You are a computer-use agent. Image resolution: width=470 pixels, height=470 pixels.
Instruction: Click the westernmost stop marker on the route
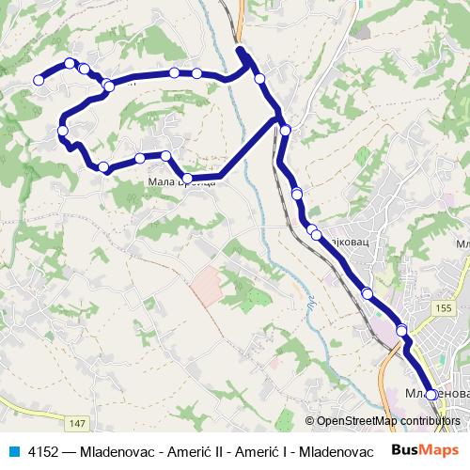(x=39, y=81)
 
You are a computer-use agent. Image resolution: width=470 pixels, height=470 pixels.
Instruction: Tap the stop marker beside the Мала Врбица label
(x=187, y=178)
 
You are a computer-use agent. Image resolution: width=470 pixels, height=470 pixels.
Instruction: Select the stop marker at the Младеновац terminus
(x=431, y=395)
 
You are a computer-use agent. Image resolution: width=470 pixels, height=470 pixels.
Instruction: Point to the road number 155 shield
(x=444, y=307)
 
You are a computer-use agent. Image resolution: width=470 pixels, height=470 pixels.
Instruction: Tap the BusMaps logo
(x=418, y=449)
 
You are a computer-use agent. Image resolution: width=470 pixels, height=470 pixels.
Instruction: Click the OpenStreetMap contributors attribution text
(x=388, y=421)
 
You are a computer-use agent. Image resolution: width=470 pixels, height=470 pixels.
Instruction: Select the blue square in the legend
(x=12, y=449)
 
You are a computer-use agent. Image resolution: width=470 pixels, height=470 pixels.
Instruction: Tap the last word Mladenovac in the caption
(x=339, y=449)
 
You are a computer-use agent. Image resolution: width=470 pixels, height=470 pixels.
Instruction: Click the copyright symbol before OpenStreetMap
(x=310, y=421)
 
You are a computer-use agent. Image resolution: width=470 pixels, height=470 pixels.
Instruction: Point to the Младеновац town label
(x=434, y=390)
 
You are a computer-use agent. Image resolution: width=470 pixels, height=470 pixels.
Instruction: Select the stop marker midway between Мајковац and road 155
(x=367, y=293)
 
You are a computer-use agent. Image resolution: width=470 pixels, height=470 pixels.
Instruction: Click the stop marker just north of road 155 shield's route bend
(x=401, y=330)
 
